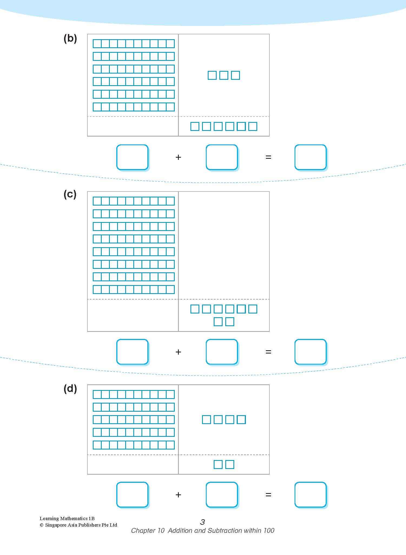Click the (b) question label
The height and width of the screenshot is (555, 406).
70,39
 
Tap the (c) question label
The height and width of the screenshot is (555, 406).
70,194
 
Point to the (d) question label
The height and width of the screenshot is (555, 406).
70,389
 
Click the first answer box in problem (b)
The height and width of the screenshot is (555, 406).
132,157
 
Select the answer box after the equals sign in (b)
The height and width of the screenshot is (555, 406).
310,157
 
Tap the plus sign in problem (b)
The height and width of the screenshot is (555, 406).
178,157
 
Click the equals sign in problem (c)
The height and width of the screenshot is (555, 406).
268,352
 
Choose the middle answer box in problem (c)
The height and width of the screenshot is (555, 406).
222,352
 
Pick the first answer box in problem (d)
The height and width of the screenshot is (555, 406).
132,495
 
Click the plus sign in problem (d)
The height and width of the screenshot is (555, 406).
178,495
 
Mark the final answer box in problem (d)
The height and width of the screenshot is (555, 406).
310,495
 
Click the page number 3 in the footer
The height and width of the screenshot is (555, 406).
202,522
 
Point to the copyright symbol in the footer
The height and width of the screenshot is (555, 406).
42,525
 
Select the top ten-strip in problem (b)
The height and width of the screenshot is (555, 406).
134,44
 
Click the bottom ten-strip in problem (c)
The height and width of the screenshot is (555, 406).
134,289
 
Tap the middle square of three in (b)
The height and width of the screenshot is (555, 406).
224,75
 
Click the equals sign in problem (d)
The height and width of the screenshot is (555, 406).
268,495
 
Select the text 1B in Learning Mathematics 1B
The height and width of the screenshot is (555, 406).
91,518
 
